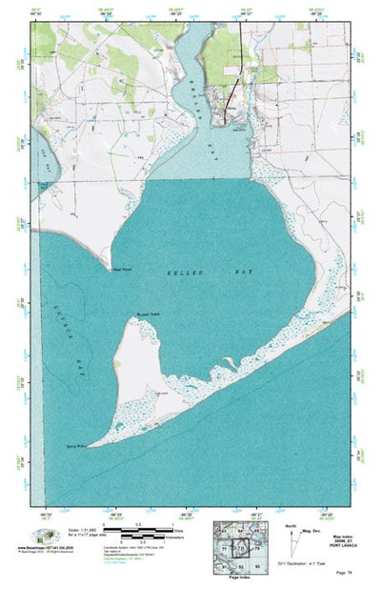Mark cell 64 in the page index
tap(241, 532)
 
